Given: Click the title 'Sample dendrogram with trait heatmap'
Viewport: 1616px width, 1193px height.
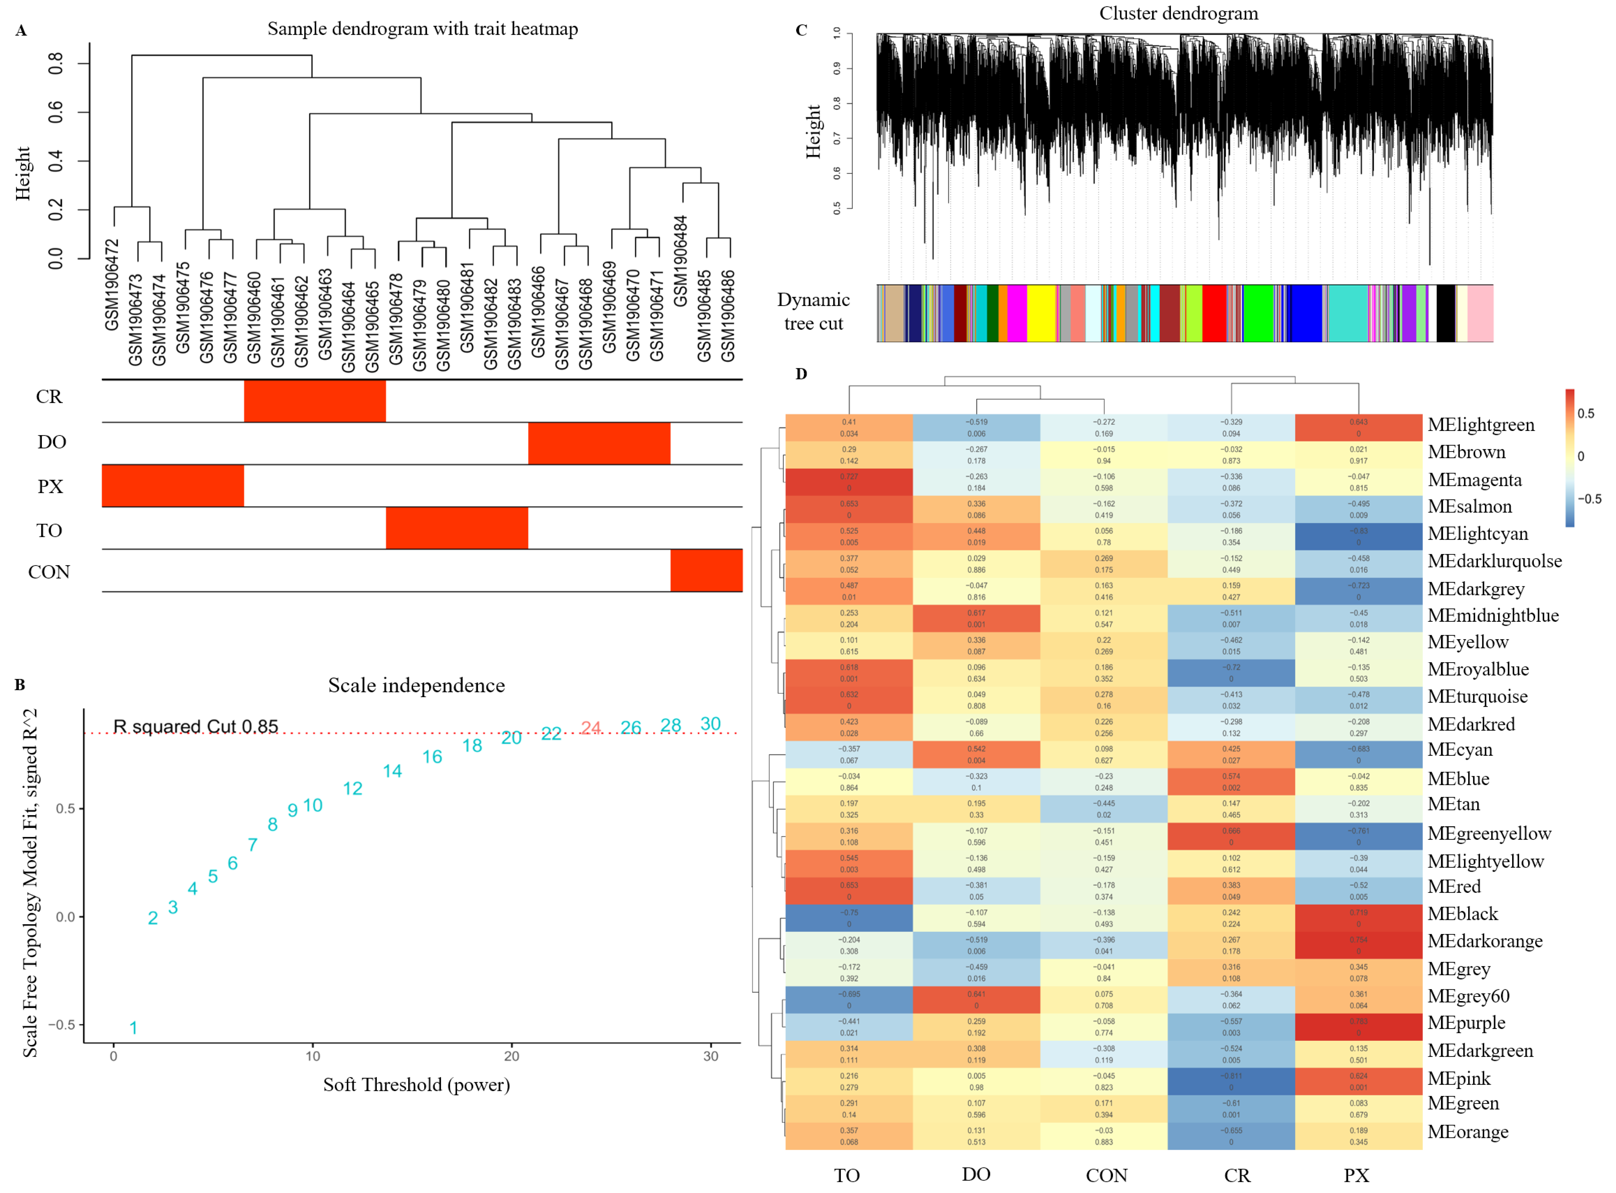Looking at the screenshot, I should (423, 29).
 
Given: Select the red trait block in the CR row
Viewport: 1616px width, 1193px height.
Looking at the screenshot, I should (315, 401).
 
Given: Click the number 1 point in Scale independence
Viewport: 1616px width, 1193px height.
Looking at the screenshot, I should (134, 1028).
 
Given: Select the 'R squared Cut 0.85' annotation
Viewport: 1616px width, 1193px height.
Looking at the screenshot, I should (196, 727).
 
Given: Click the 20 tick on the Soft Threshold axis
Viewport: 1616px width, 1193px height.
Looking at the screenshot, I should (512, 1057).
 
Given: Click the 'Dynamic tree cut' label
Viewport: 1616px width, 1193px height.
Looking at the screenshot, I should (814, 312).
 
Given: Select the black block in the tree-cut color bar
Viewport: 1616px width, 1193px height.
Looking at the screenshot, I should (1446, 313).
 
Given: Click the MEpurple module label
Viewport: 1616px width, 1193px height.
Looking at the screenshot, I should (1466, 1023).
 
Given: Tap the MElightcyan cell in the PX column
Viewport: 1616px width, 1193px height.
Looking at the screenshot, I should (1358, 536).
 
